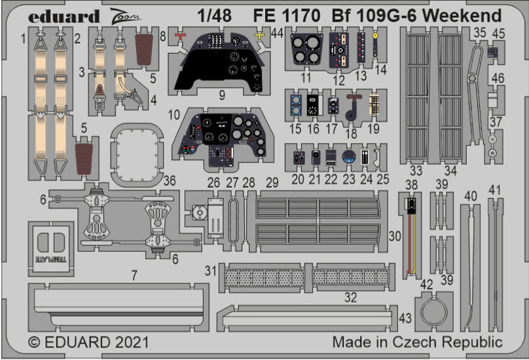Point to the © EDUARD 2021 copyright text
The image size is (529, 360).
(89, 342)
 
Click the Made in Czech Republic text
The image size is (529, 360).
(417, 342)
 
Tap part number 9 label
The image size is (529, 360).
(222, 95)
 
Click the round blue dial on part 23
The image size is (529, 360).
(348, 157)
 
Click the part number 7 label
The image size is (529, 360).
(134, 276)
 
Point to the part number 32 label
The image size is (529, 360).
(351, 298)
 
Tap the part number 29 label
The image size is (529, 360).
(272, 183)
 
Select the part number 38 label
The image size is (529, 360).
(410, 186)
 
